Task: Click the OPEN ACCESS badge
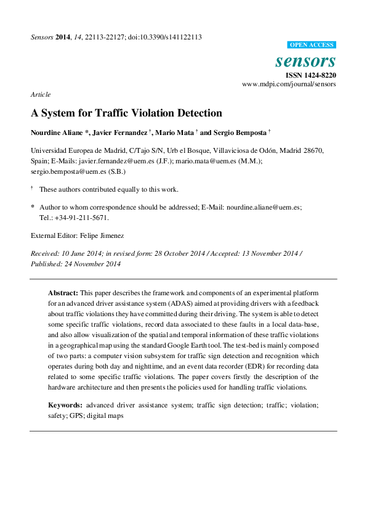pos(312,45)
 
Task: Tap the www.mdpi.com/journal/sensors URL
pos(289,84)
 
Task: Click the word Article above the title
pos(40,94)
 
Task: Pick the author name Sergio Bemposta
pos(240,133)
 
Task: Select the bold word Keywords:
pos(65,405)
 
